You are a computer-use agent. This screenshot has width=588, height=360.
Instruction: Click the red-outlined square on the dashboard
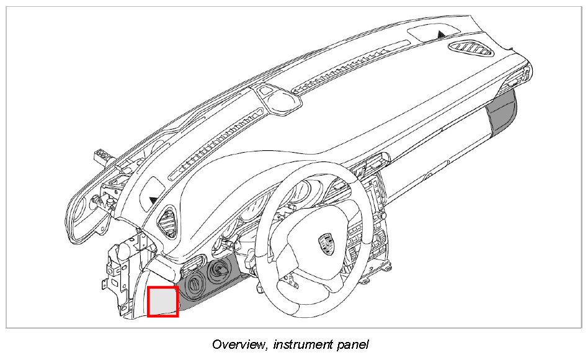163,301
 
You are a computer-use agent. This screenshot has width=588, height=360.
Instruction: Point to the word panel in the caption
354,344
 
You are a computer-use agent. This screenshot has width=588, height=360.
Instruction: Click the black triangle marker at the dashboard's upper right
441,34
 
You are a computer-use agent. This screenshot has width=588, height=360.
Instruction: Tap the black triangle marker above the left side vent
153,199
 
